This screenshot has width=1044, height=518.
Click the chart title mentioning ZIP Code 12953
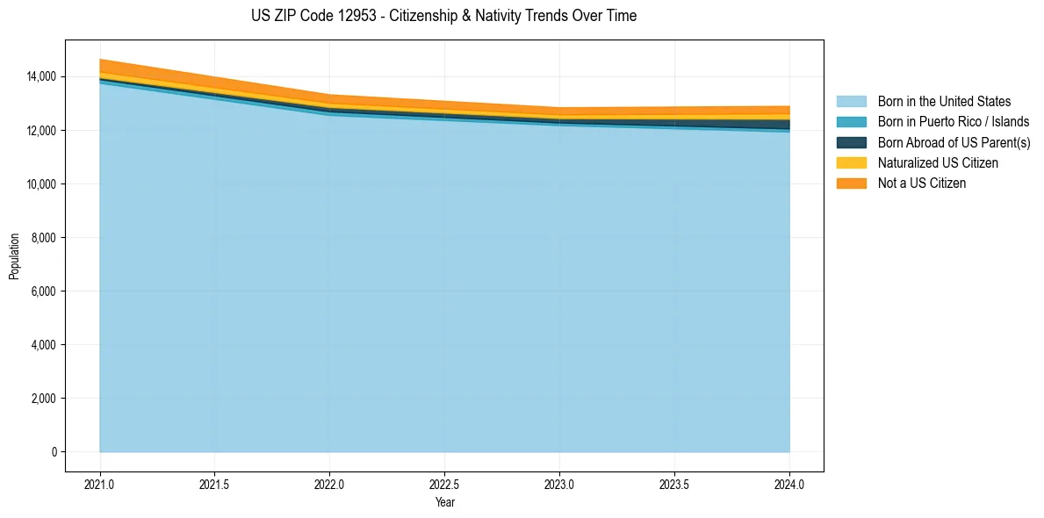tap(443, 16)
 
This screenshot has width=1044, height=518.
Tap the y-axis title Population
tap(14, 255)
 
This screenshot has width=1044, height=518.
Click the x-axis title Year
tap(444, 502)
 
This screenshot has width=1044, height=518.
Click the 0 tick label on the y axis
tap(54, 452)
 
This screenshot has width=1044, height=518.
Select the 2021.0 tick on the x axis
tap(100, 484)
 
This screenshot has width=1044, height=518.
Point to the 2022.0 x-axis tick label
tap(329, 484)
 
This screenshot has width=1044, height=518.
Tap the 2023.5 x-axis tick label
tap(674, 484)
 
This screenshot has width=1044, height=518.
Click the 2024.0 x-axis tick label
tap(789, 484)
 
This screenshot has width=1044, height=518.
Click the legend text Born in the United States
tap(944, 102)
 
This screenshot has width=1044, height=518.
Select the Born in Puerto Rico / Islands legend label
tap(954, 122)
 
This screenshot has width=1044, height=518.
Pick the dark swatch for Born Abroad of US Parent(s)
tap(851, 142)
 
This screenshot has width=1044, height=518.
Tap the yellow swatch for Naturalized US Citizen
tap(851, 162)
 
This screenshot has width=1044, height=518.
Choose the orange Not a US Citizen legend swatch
tap(851, 183)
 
